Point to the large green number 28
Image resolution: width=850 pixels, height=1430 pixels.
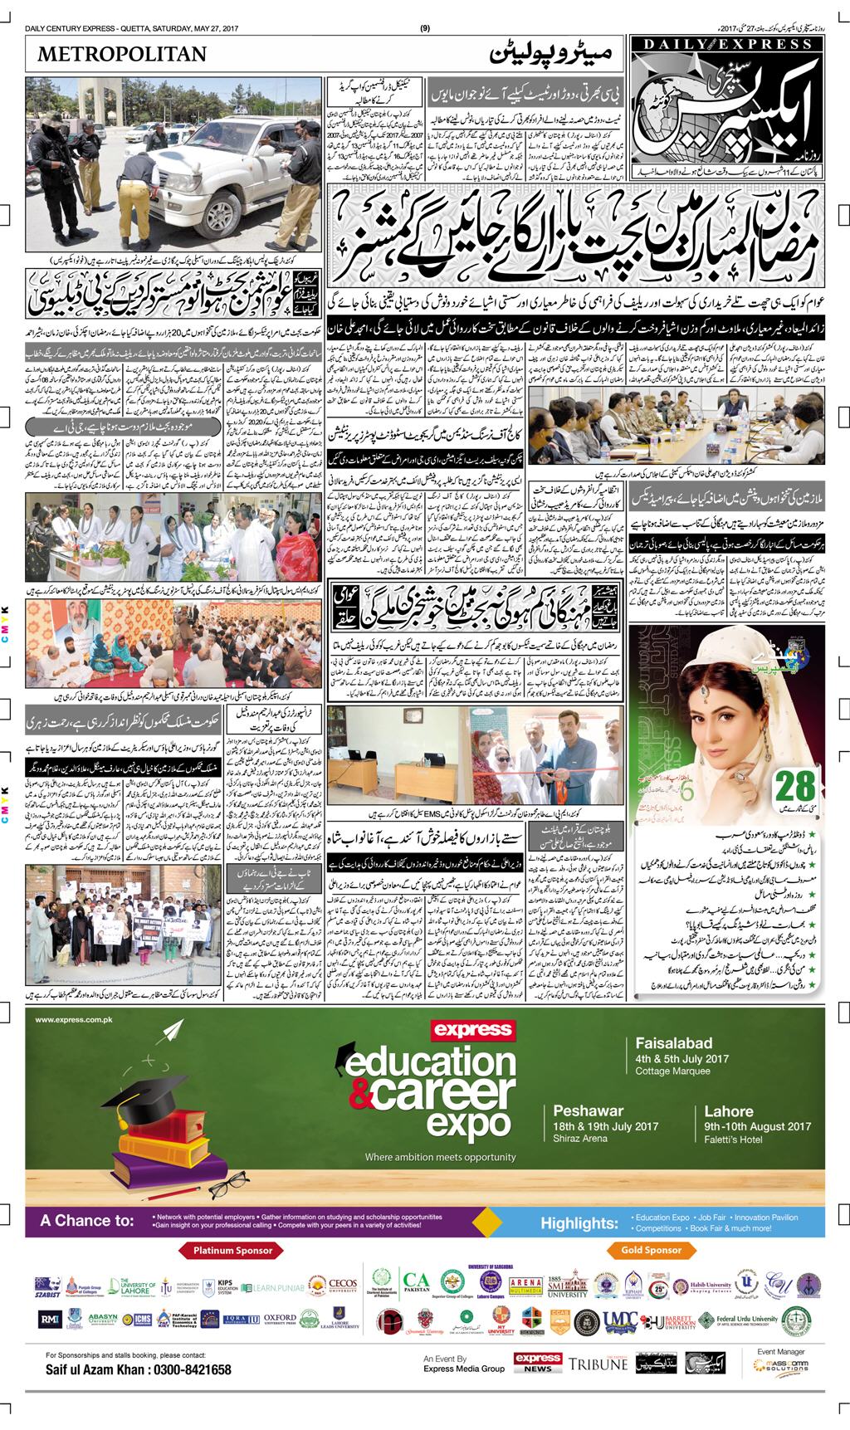coord(799,786)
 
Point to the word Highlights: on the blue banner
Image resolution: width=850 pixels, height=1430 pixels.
coord(579,1223)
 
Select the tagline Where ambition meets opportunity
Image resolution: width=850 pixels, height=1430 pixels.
coord(440,1157)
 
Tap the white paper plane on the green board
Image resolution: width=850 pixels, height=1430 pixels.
coord(173,1032)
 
